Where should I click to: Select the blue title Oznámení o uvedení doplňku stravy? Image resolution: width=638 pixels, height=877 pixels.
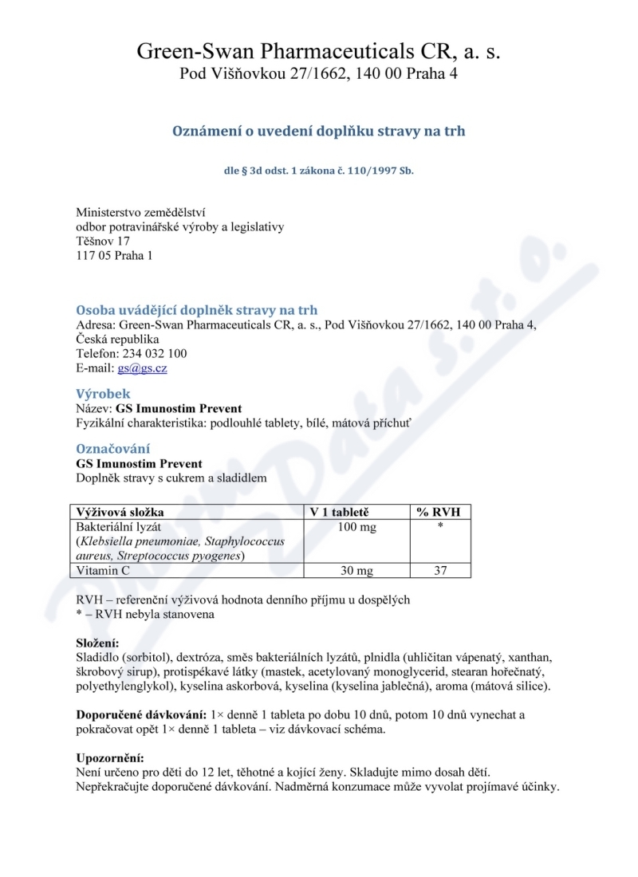coord(319,131)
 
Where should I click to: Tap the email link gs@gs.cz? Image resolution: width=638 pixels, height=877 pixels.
coord(142,368)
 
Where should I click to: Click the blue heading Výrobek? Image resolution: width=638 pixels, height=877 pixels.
coord(103,394)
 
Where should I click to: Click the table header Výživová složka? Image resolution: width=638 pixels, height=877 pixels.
coord(125,512)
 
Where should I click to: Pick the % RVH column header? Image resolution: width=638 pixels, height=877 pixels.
coord(439,512)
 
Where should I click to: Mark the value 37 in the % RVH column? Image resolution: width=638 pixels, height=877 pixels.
coord(439,571)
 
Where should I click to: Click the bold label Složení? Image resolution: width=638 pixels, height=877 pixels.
coord(97,643)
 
